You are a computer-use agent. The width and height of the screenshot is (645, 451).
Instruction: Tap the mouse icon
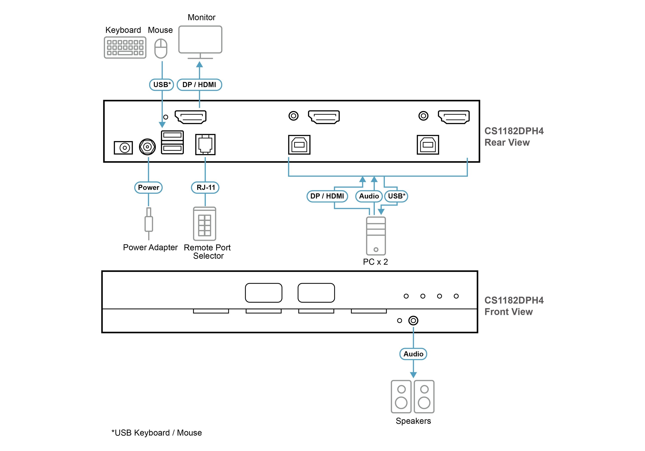pos(161,49)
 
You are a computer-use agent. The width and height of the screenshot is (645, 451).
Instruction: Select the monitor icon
pos(200,42)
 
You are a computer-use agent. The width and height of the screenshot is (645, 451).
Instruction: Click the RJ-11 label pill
pos(205,187)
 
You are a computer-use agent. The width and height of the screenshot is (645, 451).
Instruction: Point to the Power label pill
pos(148,187)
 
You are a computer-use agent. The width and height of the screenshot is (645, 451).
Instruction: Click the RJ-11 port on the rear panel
pos(205,145)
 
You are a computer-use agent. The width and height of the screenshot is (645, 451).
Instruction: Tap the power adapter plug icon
pos(149,224)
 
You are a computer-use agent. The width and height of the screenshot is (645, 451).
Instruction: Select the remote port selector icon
pos(204,224)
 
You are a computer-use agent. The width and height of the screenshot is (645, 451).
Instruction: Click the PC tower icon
pos(376,236)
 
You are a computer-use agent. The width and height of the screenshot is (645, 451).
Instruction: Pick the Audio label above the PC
pos(369,196)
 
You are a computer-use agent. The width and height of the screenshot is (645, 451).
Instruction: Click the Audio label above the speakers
pos(413,354)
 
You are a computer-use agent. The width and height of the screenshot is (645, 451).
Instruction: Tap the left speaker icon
pos(401,396)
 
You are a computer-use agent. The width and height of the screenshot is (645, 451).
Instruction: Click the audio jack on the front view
pos(413,320)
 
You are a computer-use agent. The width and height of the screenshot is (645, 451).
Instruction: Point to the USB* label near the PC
pos(396,196)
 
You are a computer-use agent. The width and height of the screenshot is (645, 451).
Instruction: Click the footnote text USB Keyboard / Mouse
pos(157,433)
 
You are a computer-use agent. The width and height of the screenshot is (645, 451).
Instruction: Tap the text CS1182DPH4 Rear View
pos(514,137)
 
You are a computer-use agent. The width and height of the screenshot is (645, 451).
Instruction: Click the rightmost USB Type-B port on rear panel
pos(428,145)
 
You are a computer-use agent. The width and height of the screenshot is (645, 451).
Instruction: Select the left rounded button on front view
pos(264,293)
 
